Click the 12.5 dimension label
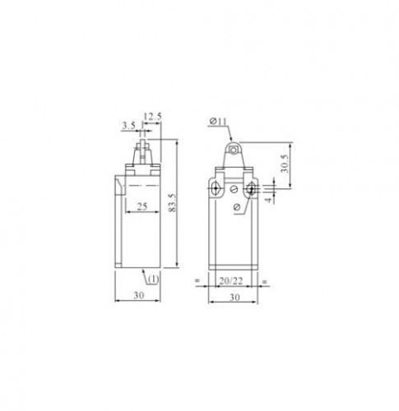tap(152, 117)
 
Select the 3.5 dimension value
tap(129, 126)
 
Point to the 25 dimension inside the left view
tap(142, 206)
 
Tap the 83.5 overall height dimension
tap(172, 203)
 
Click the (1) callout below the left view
tap(154, 279)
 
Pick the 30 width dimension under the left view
tap(139, 295)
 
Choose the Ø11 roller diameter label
tap(218, 121)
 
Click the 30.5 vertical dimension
tap(285, 164)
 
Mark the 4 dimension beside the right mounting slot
tap(269, 199)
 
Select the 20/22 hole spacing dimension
tap(231, 280)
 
